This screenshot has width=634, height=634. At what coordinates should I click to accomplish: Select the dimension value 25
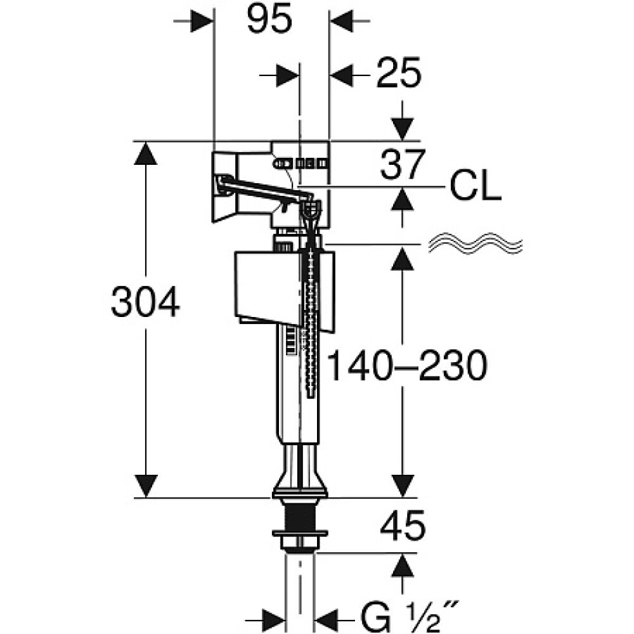coord(399,73)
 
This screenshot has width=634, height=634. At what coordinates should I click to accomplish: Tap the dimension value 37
coord(403,165)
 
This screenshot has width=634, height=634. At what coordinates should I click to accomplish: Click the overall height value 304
coord(145,302)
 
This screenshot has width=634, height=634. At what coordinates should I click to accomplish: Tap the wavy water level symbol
coord(475,243)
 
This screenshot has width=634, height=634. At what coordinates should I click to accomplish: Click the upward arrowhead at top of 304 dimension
coord(146,153)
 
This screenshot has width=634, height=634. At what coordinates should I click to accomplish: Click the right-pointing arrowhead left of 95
coord(201,20)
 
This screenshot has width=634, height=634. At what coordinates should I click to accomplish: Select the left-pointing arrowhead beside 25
coord(342,75)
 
